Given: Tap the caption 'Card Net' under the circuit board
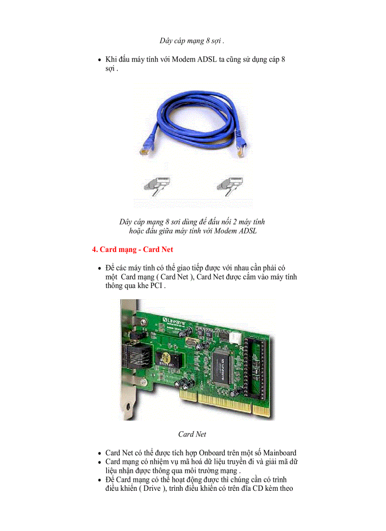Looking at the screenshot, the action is tap(192, 434).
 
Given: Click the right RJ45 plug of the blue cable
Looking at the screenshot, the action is tap(242, 149).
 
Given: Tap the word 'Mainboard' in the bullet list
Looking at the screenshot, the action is tap(280, 453).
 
